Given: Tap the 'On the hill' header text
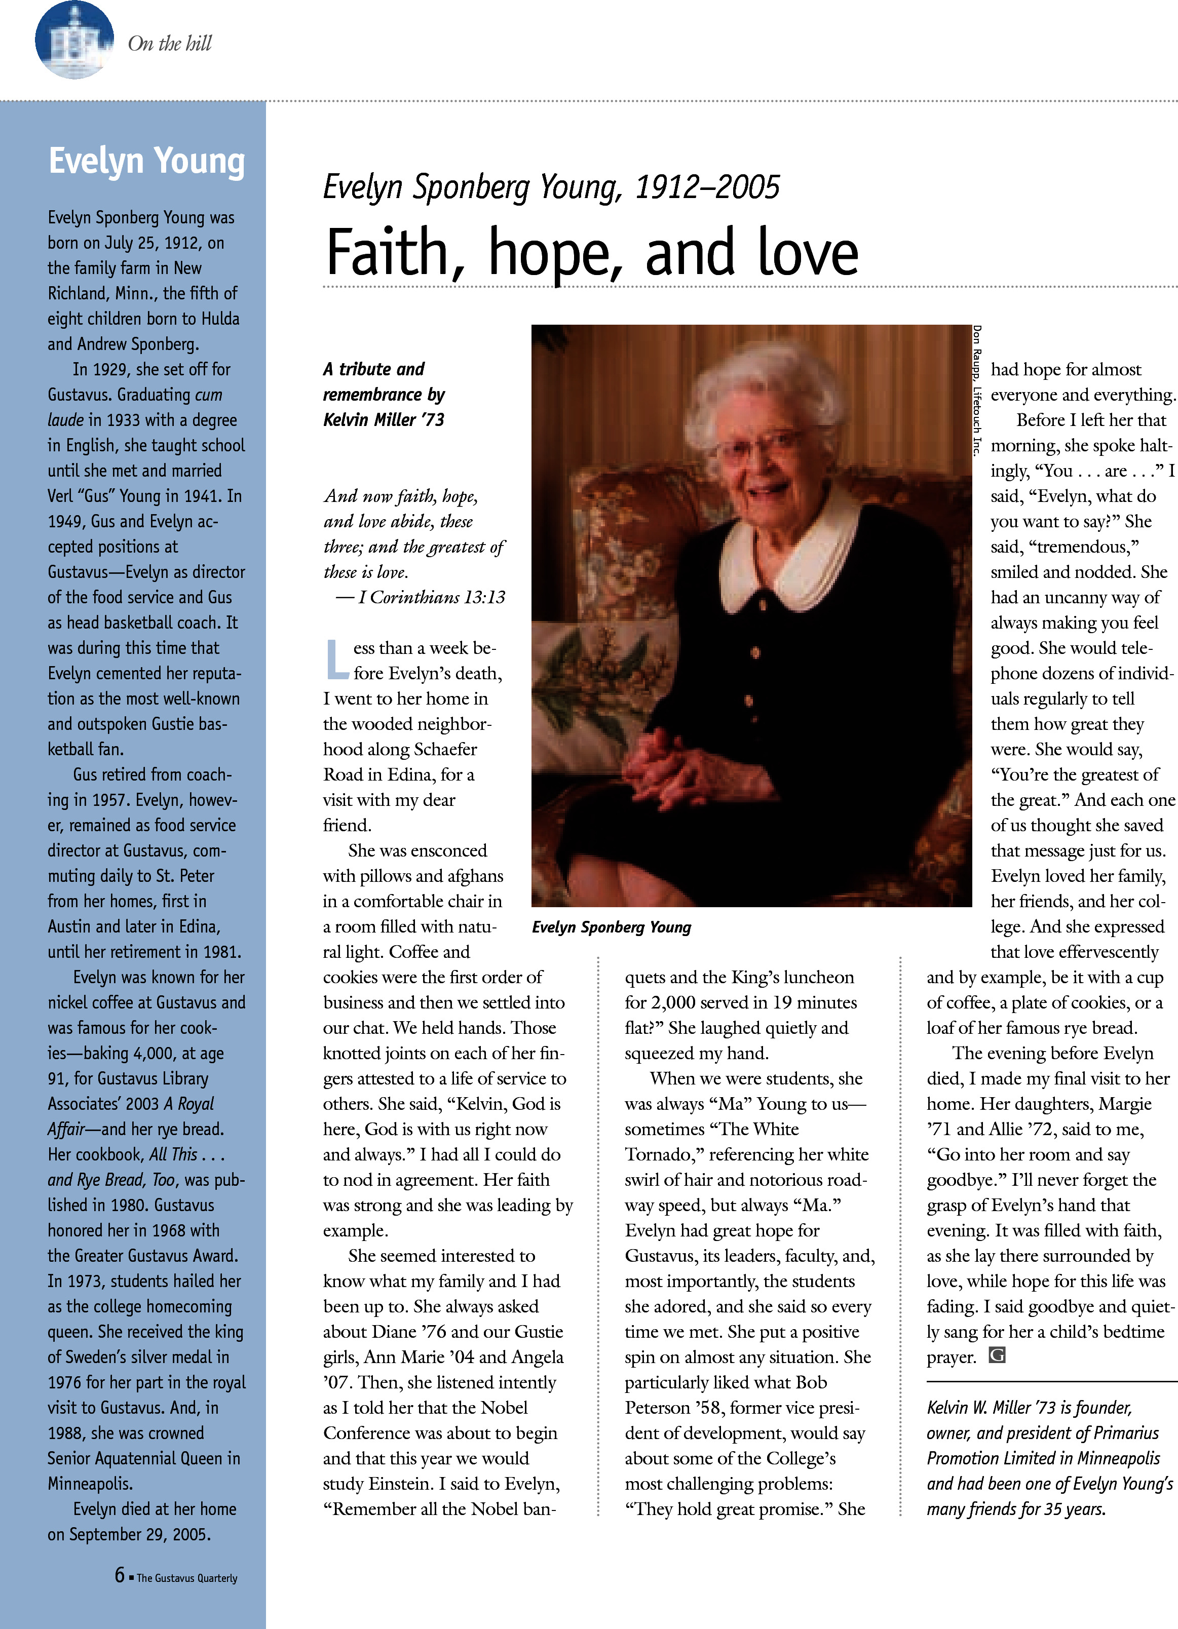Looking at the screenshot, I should point(170,44).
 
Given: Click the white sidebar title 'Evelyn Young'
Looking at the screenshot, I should point(146,161).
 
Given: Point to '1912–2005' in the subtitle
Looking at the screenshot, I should point(707,187).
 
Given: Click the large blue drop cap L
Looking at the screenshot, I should point(336,660).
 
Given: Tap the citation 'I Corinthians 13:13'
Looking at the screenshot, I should point(432,598).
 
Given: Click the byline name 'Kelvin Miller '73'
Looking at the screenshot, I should point(384,419).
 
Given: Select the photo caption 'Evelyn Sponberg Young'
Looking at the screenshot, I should point(611,927).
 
